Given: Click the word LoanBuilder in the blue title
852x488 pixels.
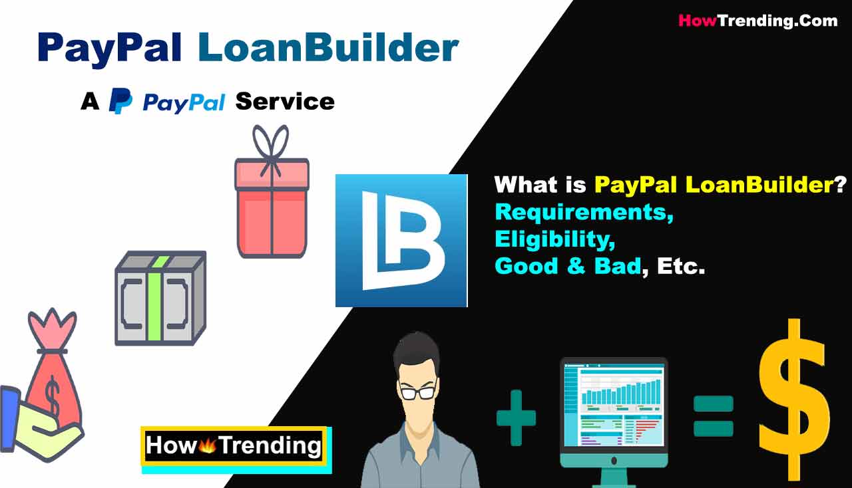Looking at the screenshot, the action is (x=329, y=47).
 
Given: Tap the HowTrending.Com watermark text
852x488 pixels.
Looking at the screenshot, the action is (x=758, y=21).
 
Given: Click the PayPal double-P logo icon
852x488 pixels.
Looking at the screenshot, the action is (x=120, y=100).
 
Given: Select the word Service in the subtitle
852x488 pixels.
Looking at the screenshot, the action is (x=285, y=102).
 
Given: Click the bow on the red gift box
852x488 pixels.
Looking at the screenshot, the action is (x=271, y=148).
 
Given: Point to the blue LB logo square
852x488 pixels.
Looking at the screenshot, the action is (x=401, y=241).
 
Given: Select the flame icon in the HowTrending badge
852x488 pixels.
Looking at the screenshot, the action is (x=207, y=445).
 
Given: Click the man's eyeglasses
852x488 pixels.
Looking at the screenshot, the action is (x=417, y=392).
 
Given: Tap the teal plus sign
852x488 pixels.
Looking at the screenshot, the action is (x=516, y=418).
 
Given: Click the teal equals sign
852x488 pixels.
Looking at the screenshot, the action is (x=713, y=416).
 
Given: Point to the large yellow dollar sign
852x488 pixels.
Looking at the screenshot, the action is (x=794, y=399).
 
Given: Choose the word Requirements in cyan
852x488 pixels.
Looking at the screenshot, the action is (x=584, y=212).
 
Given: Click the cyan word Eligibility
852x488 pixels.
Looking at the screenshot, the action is (x=555, y=239).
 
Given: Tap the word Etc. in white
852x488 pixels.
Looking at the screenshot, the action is (x=681, y=266).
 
